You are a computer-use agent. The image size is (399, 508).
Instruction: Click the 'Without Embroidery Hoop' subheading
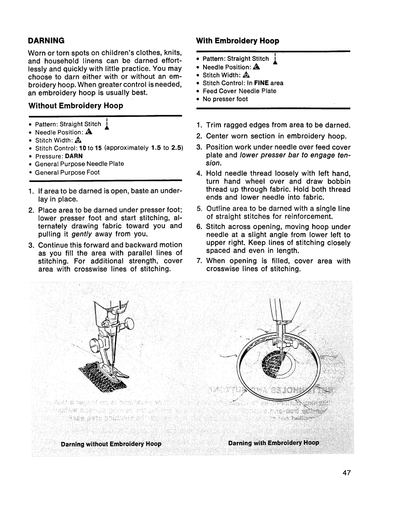point(76,106)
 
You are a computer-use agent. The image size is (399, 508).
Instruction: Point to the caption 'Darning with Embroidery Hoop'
point(273,443)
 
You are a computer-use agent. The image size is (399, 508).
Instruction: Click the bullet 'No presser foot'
point(225,99)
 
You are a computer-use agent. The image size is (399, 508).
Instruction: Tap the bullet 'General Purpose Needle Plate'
point(79,164)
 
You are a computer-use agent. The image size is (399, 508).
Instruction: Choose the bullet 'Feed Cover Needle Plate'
point(239,91)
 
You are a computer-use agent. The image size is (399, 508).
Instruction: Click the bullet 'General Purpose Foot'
point(67,172)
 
